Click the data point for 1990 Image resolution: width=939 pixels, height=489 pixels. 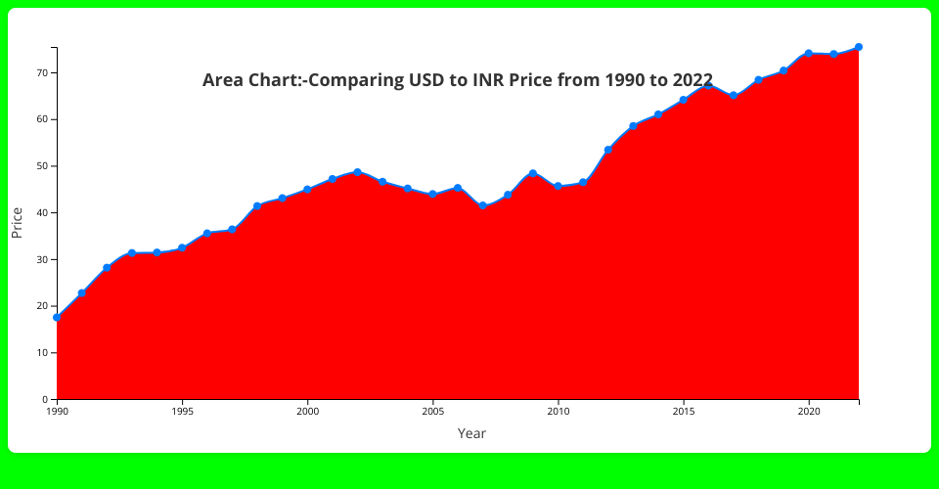click(57, 317)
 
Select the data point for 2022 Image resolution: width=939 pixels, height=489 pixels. click(859, 47)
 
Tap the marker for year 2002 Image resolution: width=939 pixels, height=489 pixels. click(357, 172)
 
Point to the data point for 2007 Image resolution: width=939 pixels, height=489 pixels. click(483, 205)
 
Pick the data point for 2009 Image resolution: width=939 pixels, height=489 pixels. click(533, 173)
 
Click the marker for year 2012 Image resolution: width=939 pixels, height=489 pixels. click(608, 150)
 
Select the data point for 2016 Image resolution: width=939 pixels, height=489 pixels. click(708, 86)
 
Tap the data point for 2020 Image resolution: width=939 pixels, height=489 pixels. click(809, 53)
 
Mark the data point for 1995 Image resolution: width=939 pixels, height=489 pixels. click(182, 248)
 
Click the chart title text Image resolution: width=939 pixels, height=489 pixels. click(457, 80)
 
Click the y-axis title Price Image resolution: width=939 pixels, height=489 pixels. click(17, 223)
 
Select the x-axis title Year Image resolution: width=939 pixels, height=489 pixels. click(471, 433)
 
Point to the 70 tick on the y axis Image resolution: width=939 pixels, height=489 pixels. click(43, 72)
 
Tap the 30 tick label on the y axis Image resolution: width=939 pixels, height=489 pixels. click(43, 259)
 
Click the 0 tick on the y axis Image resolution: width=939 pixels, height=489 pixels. click(46, 399)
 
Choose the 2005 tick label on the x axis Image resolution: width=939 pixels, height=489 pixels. click(432, 412)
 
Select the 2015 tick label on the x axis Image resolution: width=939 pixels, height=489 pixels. click(683, 412)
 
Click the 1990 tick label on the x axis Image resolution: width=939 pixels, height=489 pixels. click(57, 412)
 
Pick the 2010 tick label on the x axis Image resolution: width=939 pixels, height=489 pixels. click(558, 412)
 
